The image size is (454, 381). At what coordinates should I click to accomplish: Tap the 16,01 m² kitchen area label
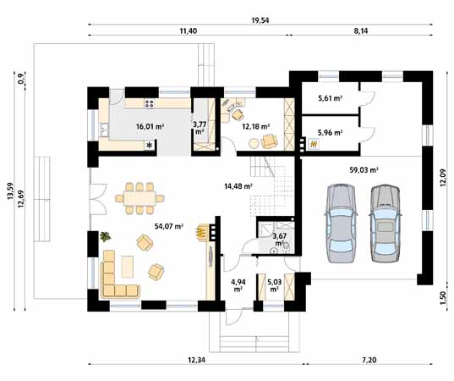point(150,127)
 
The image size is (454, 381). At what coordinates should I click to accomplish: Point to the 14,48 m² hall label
point(238,186)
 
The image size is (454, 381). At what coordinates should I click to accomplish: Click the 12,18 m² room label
point(255,126)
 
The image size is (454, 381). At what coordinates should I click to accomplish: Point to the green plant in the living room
point(104,237)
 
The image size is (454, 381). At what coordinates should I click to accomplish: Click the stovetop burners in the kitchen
point(150,105)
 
